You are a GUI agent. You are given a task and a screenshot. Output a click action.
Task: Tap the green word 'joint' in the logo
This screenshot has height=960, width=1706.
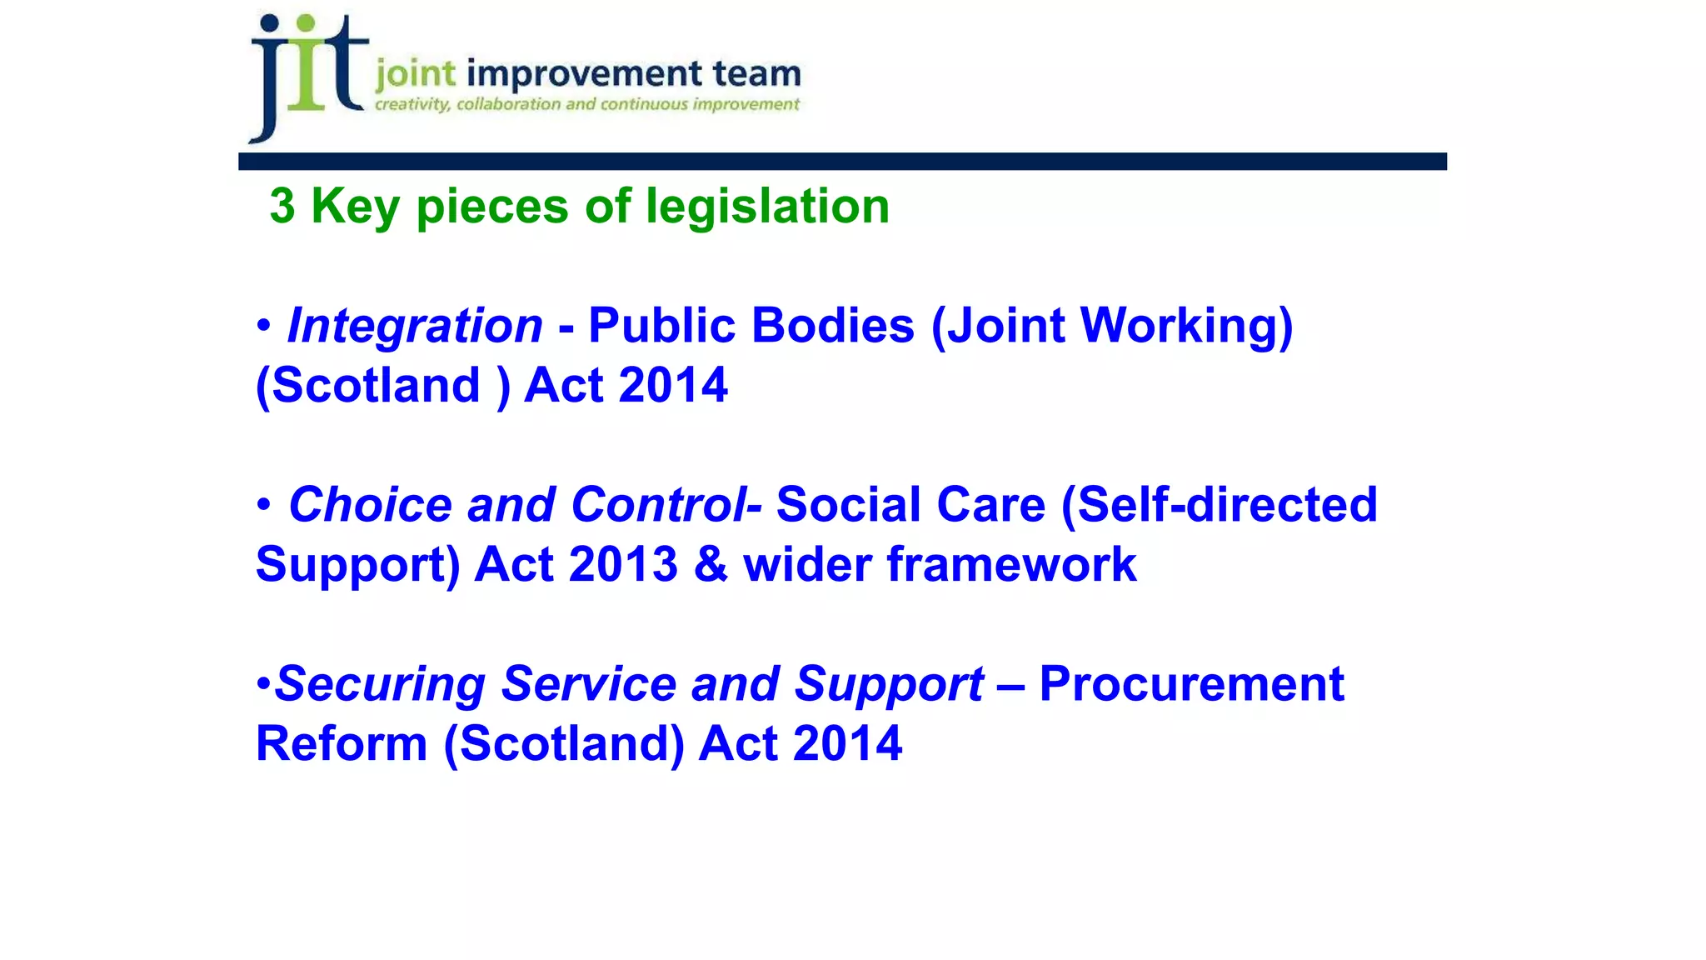tap(416, 75)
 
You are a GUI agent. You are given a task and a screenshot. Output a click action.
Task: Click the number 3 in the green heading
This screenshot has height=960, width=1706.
tap(282, 206)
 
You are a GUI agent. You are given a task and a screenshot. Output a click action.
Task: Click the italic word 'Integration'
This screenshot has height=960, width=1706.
tap(415, 325)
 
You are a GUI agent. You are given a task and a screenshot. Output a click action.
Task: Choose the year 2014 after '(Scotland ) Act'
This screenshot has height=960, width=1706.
tap(673, 385)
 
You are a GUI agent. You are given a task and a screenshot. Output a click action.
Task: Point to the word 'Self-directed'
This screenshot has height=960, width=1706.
tap(1227, 505)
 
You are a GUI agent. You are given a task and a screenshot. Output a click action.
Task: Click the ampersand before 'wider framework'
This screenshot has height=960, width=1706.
tap(711, 565)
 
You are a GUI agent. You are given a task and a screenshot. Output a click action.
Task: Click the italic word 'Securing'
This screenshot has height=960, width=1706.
tap(380, 684)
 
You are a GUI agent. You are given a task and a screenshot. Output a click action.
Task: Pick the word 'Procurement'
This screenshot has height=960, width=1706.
tap(1191, 684)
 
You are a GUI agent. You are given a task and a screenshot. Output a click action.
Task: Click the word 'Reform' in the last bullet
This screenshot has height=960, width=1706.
tap(342, 744)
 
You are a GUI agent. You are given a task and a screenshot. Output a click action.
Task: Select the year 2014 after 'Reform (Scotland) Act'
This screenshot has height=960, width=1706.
tap(847, 744)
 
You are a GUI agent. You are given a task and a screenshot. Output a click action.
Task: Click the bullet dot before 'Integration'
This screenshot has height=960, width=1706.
tap(264, 325)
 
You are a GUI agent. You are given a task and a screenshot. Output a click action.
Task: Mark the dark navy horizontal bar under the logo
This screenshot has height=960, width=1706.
tap(841, 162)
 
